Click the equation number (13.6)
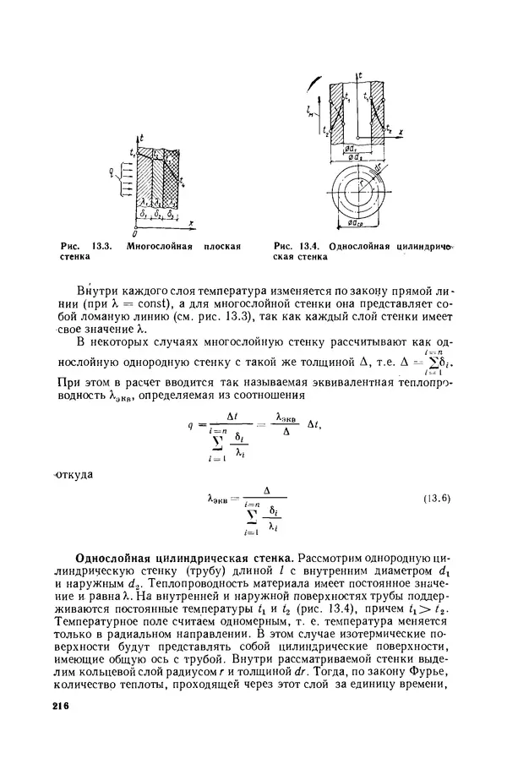[x=438, y=498]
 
